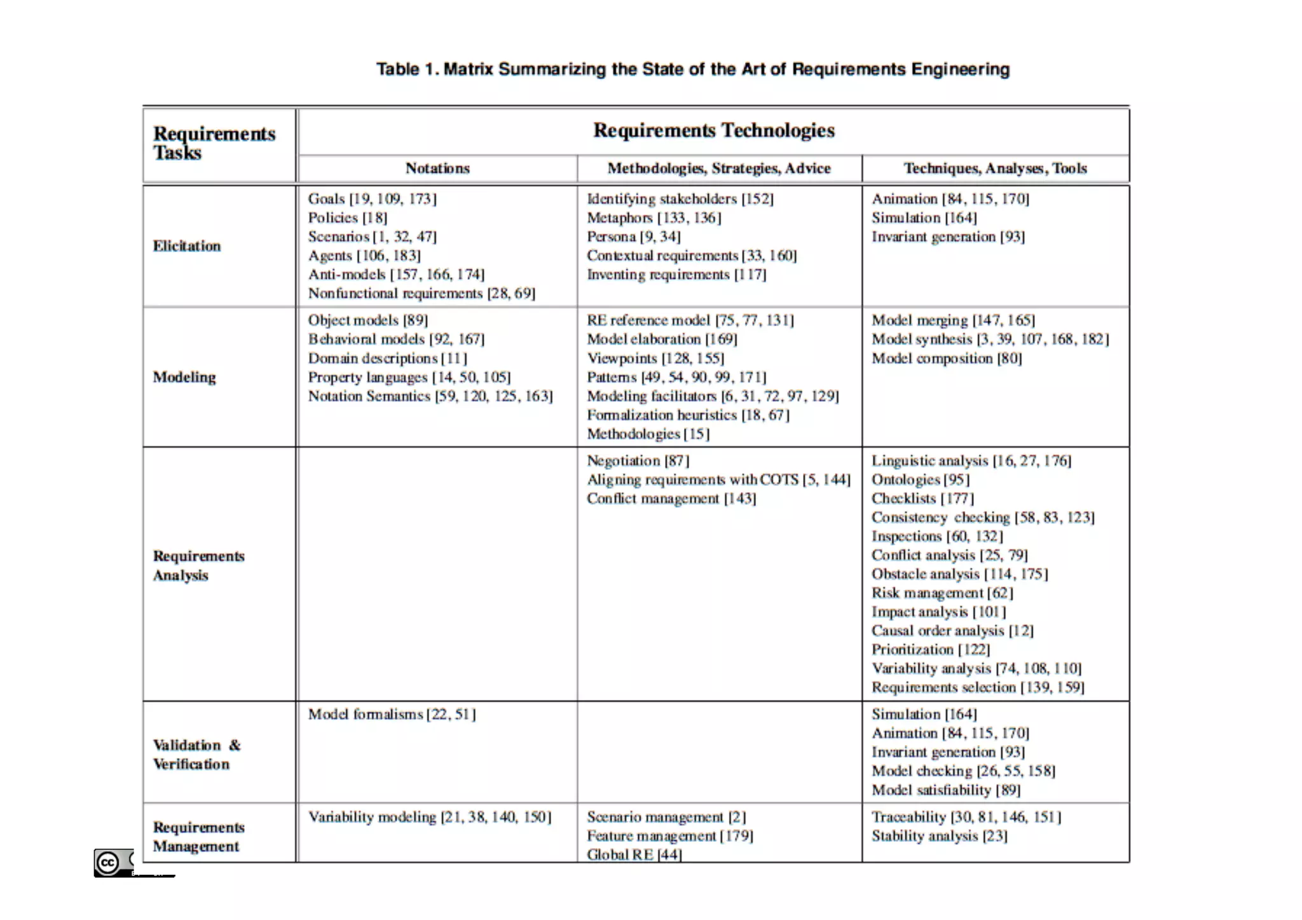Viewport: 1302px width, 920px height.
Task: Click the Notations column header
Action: tap(437, 168)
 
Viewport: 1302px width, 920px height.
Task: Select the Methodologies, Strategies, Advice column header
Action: tap(719, 168)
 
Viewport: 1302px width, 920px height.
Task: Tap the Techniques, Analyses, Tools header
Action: tap(995, 168)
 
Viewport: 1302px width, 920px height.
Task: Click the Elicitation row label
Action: tap(187, 246)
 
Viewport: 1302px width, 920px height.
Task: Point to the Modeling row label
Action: tap(184, 377)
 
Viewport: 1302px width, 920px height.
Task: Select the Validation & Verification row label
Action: tap(196, 754)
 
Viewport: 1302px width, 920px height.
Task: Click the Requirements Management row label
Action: tap(198, 836)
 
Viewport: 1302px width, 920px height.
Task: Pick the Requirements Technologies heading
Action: tap(713, 130)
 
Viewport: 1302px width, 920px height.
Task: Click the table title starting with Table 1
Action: tap(692, 69)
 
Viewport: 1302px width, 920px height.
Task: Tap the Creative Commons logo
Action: tap(109, 862)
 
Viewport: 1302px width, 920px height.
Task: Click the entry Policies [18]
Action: tap(347, 217)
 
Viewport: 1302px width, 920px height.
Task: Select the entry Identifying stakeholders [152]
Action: tap(680, 199)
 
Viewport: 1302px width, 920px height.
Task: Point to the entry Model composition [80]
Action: tap(946, 358)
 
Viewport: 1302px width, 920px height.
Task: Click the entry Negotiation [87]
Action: tap(638, 460)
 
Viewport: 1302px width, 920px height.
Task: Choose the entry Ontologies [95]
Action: tap(920, 479)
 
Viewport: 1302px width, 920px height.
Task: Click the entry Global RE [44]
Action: tap(634, 854)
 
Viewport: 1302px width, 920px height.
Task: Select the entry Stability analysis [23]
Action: tap(939, 835)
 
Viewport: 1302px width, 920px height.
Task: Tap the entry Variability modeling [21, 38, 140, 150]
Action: tap(430, 816)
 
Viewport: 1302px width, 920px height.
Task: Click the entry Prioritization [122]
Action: tap(930, 649)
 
